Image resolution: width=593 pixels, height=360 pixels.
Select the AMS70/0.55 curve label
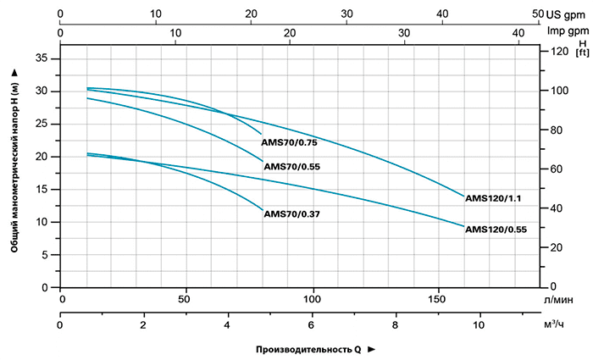point(292,167)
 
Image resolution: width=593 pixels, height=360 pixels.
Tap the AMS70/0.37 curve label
point(292,214)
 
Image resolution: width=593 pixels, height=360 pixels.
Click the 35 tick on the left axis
point(43,58)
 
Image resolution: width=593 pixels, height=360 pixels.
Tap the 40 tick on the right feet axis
point(556,208)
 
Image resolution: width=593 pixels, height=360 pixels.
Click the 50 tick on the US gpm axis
point(536,14)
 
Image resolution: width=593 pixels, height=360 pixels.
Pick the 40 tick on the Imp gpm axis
point(519,32)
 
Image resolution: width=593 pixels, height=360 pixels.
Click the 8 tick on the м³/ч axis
point(396,325)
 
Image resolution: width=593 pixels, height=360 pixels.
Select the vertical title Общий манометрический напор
point(15,161)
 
